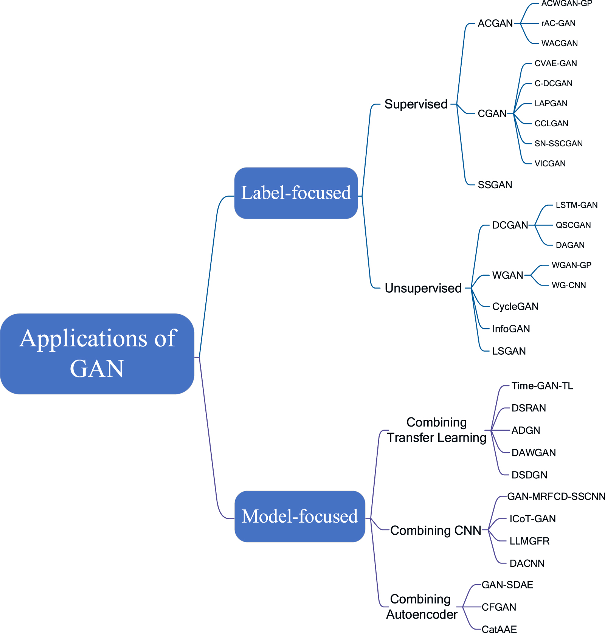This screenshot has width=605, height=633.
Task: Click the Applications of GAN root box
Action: (97, 354)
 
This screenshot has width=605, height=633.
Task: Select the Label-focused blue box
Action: (296, 193)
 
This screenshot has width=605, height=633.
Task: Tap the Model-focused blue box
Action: (300, 516)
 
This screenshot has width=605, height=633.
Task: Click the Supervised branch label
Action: (416, 104)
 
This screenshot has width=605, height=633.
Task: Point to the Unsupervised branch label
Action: (423, 288)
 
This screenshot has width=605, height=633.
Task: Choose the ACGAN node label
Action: (495, 23)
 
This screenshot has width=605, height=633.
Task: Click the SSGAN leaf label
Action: (495, 185)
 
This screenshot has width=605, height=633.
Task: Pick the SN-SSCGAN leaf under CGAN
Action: (558, 144)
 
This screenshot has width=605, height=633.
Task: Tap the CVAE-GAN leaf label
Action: (555, 64)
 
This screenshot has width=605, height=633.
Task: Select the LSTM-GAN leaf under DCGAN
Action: (576, 205)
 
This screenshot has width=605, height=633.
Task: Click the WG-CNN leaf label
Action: (569, 285)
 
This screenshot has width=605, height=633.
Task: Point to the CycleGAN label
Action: (515, 307)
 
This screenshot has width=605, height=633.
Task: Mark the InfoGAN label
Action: (511, 329)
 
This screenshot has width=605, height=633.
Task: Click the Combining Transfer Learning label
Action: (436, 430)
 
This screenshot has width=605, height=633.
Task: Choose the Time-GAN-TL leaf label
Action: (542, 386)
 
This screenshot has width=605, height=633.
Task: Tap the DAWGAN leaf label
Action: (534, 453)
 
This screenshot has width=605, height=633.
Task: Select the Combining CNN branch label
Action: (436, 531)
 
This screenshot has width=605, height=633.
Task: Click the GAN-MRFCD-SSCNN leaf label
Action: (556, 496)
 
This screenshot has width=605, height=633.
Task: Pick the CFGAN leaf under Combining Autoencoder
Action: (499, 607)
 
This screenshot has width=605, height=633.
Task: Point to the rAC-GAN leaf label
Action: (558, 23)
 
